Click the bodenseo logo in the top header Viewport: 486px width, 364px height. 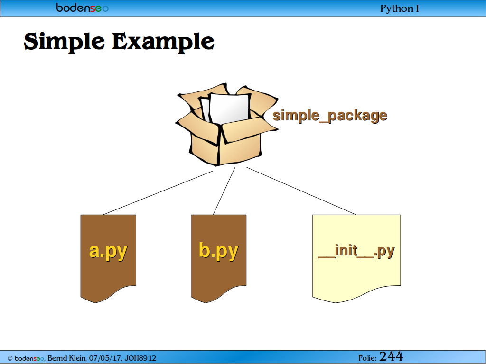coord(83,8)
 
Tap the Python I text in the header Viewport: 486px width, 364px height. coord(400,9)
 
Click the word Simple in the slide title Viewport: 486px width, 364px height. coord(65,42)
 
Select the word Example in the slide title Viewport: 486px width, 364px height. coord(163,42)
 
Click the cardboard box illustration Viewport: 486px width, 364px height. coord(227,124)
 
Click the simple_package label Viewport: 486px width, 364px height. coord(330,116)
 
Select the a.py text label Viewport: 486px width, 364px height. coord(108,251)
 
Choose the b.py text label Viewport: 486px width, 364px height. coord(218,251)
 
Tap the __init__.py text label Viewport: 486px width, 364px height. coord(356,251)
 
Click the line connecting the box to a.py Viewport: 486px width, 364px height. coord(158,192)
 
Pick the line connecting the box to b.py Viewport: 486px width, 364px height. coord(224,191)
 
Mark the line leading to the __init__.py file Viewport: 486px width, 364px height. coord(301,191)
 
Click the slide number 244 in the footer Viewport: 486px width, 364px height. coord(391,356)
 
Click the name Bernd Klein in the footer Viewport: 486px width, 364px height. coord(67,358)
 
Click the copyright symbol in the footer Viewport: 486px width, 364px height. coord(10,359)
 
